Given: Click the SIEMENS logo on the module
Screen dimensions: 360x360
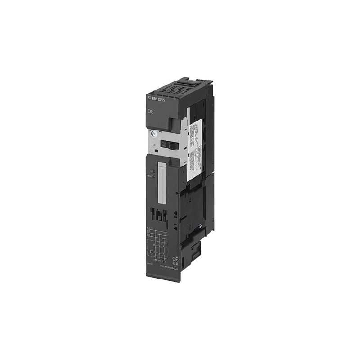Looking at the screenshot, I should click(x=156, y=99).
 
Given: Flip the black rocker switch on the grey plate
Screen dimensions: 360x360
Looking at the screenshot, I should click(x=168, y=144).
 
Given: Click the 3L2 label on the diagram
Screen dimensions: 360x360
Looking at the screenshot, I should click(x=148, y=233).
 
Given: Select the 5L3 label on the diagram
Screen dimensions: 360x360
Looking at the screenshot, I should click(x=148, y=237).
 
